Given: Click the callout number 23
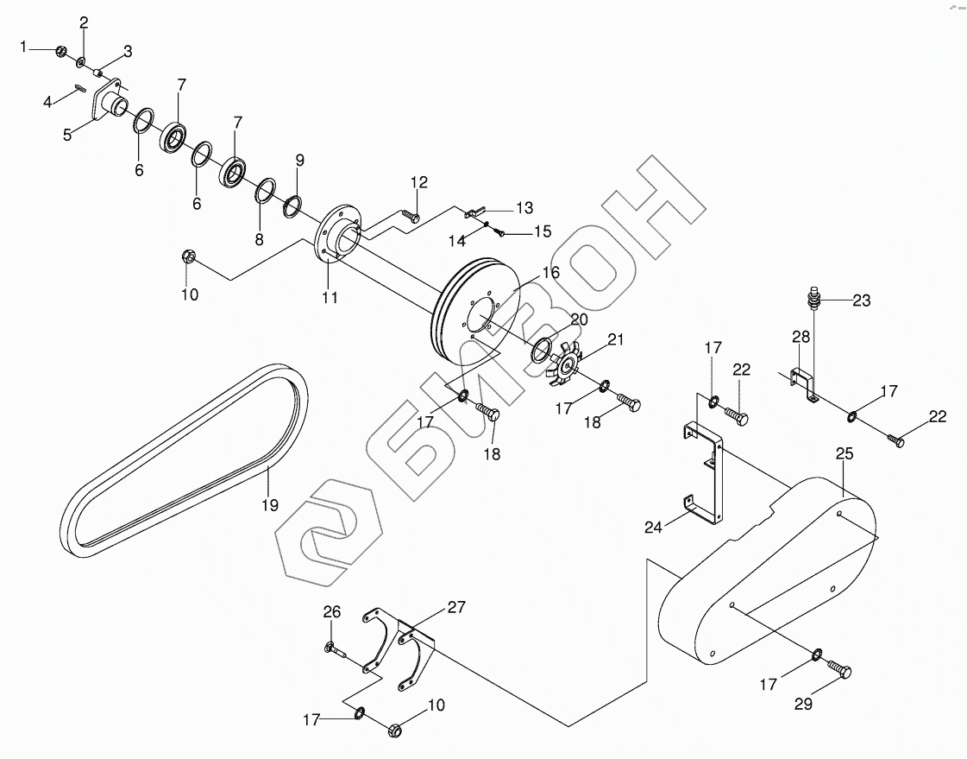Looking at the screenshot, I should (861, 301).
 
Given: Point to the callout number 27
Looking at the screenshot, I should (455, 608).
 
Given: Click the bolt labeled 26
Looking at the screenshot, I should (336, 649).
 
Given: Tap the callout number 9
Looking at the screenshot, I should (299, 161).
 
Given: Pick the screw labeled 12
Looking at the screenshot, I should (411, 215).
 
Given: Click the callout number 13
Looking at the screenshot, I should (524, 208).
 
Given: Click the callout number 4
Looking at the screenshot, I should (47, 102).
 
